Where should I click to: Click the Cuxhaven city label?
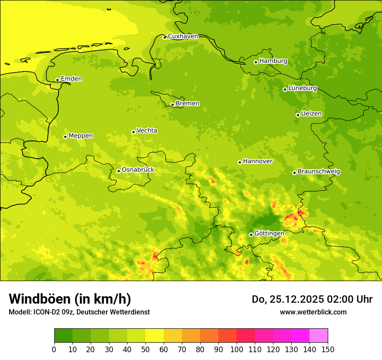pyautogui.click(x=183, y=36)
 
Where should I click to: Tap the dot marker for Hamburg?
pyautogui.click(x=256, y=62)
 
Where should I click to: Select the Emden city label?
pyautogui.click(x=71, y=79)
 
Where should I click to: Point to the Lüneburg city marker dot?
pyautogui.click(x=285, y=89)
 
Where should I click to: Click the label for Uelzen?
pyautogui.click(x=311, y=114)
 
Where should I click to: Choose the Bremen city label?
pyautogui.click(x=188, y=104)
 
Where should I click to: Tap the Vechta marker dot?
pyautogui.click(x=133, y=132)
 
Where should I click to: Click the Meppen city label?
pyautogui.click(x=81, y=136)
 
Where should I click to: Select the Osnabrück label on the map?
pyautogui.click(x=138, y=170)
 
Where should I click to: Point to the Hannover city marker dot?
pyautogui.click(x=240, y=162)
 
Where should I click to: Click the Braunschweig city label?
pyautogui.click(x=319, y=172)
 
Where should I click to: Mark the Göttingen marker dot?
pyautogui.click(x=251, y=235)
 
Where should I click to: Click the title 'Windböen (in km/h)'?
pyautogui.click(x=70, y=299)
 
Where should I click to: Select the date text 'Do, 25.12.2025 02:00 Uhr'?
pyautogui.click(x=312, y=299)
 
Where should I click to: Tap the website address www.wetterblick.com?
pyautogui.click(x=313, y=312)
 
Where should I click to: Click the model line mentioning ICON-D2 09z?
pyautogui.click(x=79, y=312)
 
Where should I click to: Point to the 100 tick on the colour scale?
pyautogui.click(x=237, y=349)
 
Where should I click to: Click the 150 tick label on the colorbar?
pyautogui.click(x=328, y=349)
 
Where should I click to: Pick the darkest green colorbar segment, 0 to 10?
pyautogui.click(x=63, y=336)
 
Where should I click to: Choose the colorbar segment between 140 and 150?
pyautogui.click(x=319, y=336)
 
